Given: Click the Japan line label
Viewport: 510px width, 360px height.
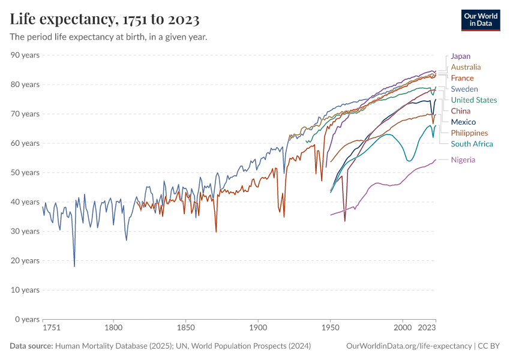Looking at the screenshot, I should pyautogui.click(x=460, y=56).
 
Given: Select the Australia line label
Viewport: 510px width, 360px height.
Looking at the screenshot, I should pyautogui.click(x=466, y=67).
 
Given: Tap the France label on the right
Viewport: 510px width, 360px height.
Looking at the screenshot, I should pyautogui.click(x=462, y=78).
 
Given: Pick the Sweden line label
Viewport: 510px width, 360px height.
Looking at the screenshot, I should pyautogui.click(x=464, y=89).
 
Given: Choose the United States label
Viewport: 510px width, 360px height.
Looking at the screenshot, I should pyautogui.click(x=473, y=100).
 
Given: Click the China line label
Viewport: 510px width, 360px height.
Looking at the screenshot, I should pyautogui.click(x=460, y=111).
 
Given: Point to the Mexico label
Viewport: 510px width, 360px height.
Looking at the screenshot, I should pyautogui.click(x=463, y=122).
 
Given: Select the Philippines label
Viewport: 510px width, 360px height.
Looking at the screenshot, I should pyautogui.click(x=469, y=133).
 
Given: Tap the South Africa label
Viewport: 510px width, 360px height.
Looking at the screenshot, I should pyautogui.click(x=472, y=144).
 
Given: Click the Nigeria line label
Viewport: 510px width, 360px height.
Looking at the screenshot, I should pyautogui.click(x=463, y=160).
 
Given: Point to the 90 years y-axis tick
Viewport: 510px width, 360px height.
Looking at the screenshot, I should pyautogui.click(x=25, y=55).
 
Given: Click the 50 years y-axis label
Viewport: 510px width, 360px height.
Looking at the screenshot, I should pyautogui.click(x=25, y=172).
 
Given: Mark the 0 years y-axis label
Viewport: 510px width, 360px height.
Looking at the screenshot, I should pyautogui.click(x=27, y=319).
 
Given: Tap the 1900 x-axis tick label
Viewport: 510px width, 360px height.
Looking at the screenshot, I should pyautogui.click(x=258, y=328).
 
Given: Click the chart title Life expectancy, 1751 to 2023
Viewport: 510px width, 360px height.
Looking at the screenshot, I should pyautogui.click(x=104, y=20).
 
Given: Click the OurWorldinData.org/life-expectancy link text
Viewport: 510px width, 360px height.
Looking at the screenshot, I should pyautogui.click(x=409, y=346).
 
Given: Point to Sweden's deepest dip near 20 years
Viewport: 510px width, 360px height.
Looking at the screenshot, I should pyautogui.click(x=74, y=266).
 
